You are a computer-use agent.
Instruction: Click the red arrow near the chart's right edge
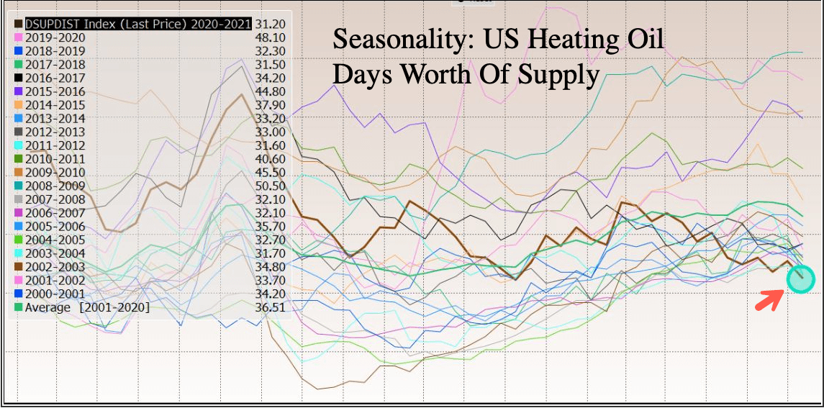pyautogui.click(x=769, y=298)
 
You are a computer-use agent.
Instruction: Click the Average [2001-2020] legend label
pyautogui.click(x=87, y=307)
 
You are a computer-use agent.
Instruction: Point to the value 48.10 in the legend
pyautogui.click(x=271, y=37)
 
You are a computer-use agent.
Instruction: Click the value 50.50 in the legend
pyautogui.click(x=271, y=186)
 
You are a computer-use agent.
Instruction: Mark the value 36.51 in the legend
pyautogui.click(x=271, y=307)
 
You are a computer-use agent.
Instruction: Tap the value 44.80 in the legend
pyautogui.click(x=271, y=91)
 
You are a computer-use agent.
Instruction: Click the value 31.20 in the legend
pyautogui.click(x=271, y=23)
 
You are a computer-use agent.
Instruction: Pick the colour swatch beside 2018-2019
pyautogui.click(x=18, y=51)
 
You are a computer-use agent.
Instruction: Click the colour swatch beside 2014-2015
pyautogui.click(x=18, y=105)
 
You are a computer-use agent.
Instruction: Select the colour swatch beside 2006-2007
pyautogui.click(x=18, y=213)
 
